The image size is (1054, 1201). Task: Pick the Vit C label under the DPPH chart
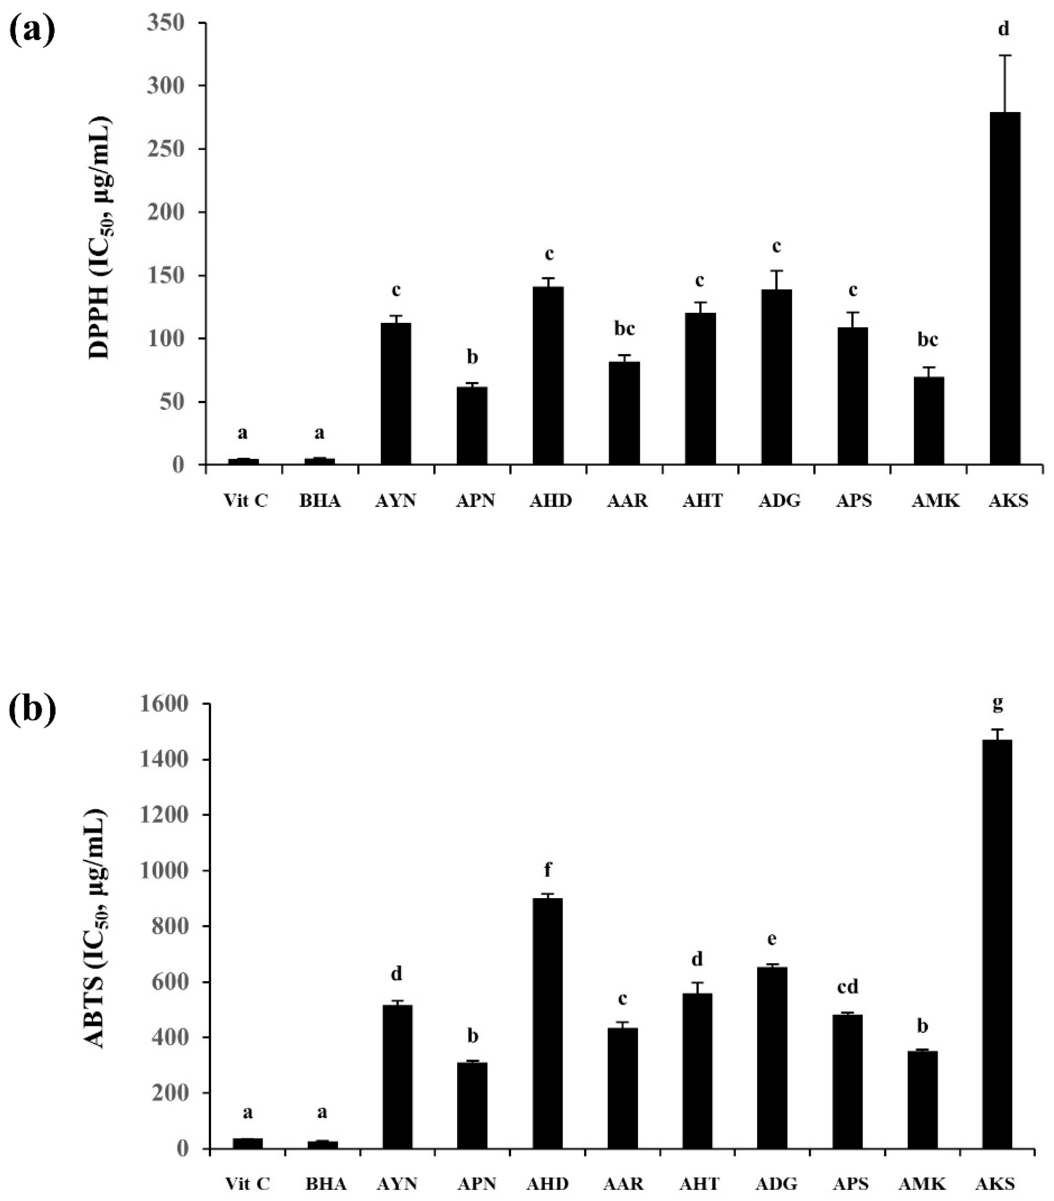coord(246,501)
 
